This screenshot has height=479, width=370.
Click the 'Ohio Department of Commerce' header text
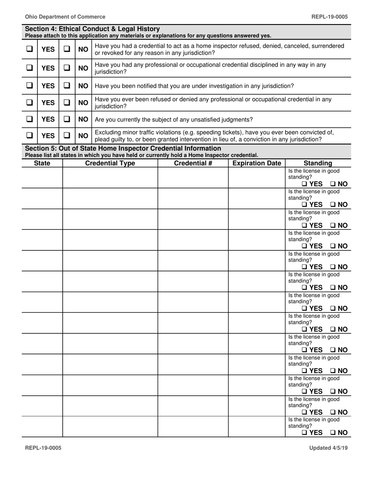point(65,17)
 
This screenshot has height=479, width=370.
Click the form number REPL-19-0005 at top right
point(329,17)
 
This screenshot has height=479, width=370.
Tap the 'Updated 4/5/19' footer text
point(328,448)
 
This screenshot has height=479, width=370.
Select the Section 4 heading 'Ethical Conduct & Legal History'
point(92,29)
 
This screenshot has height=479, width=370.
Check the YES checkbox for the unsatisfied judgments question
point(29,120)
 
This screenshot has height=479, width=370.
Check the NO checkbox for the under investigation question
point(67,86)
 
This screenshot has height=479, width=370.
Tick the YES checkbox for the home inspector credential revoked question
point(29,49)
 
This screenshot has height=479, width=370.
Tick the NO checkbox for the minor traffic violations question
point(67,136)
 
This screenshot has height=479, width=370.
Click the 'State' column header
point(42,163)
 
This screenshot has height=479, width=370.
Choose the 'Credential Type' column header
point(110,163)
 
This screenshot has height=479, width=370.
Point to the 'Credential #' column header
point(193,163)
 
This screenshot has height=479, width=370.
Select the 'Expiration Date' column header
point(257,163)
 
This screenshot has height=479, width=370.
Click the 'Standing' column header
point(318,163)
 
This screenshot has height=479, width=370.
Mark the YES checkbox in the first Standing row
point(305,184)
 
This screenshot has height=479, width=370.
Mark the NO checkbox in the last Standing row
point(333,433)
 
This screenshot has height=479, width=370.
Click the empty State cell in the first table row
point(42,178)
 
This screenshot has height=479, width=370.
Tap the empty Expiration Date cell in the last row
point(257,426)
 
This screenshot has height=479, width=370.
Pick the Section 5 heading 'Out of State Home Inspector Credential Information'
point(123,148)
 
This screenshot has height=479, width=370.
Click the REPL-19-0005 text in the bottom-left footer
point(43,448)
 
